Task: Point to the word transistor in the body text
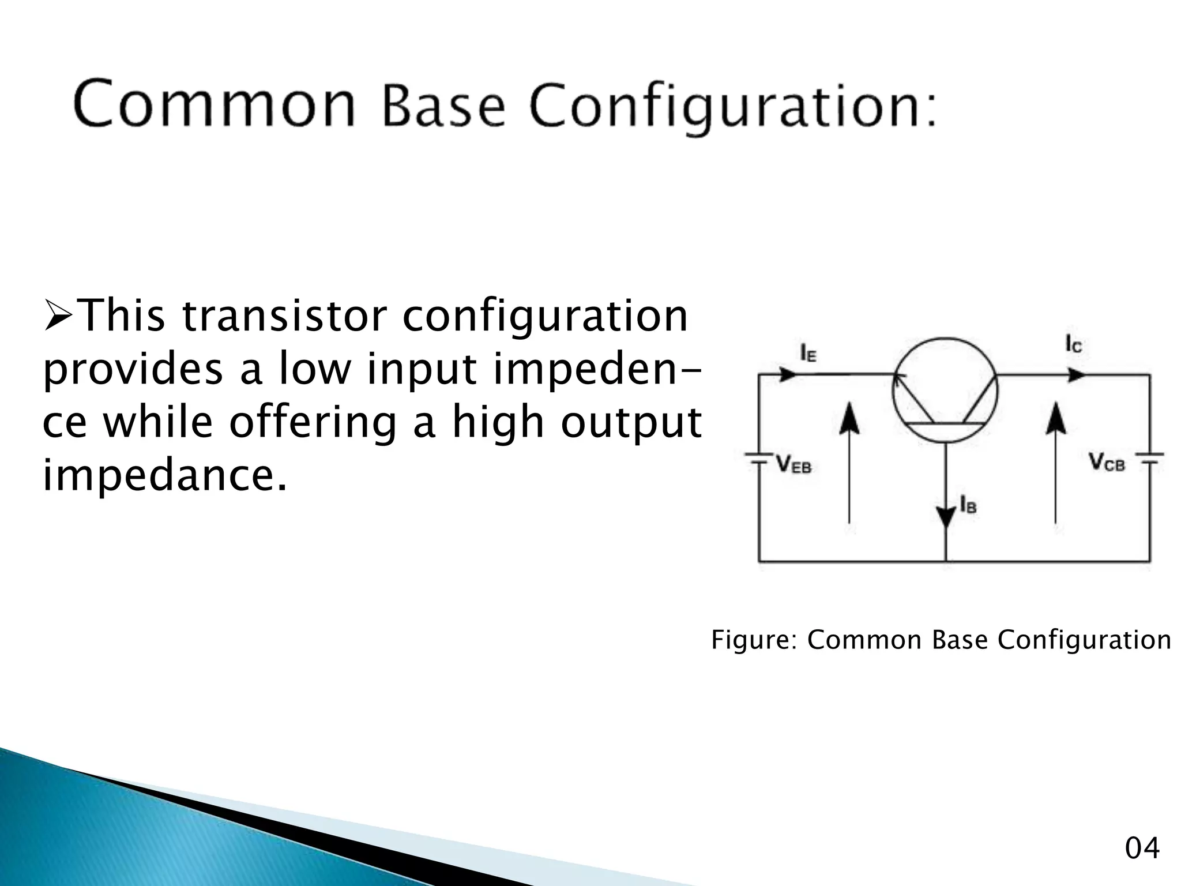point(282,316)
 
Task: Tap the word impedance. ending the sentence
point(164,475)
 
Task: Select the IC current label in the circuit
point(1073,344)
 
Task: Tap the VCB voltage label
point(1106,462)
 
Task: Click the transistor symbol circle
point(945,391)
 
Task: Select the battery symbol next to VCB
point(1149,459)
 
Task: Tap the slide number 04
point(1142,849)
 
